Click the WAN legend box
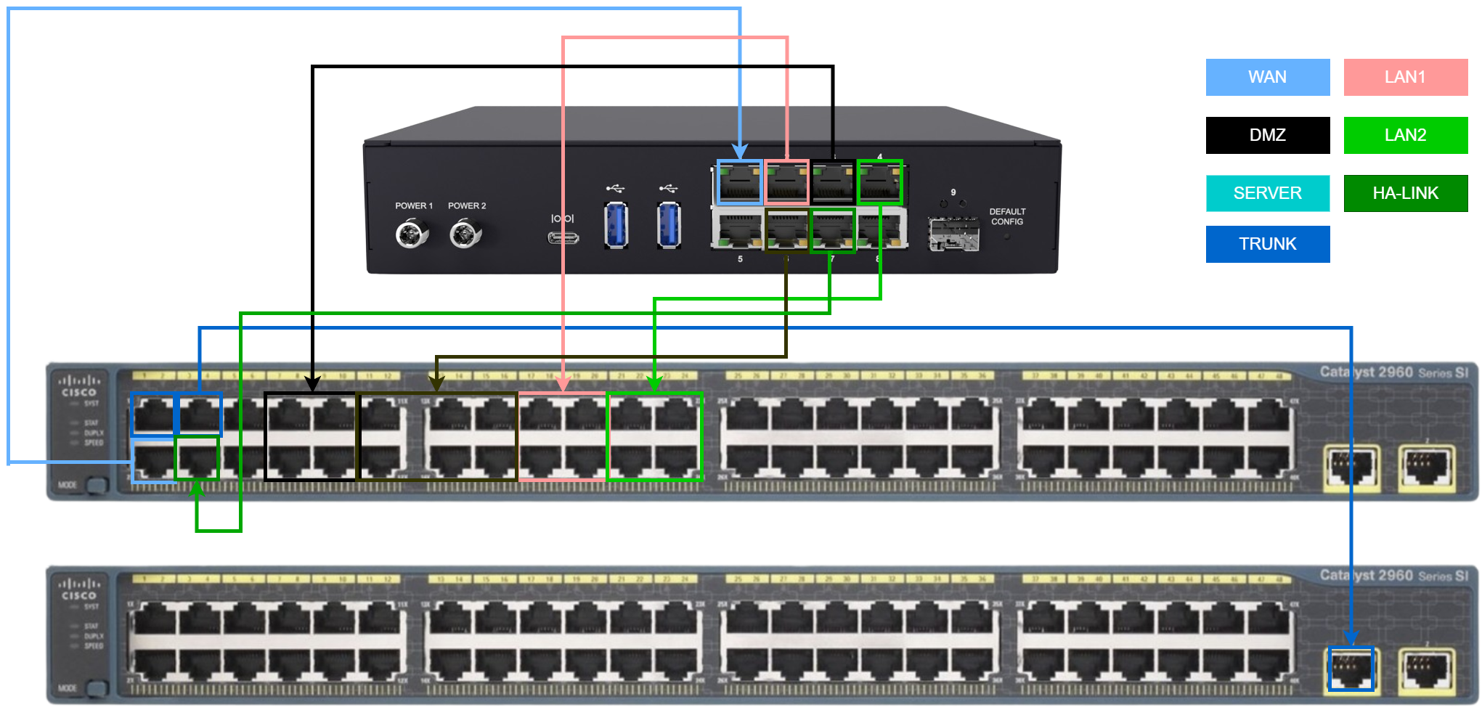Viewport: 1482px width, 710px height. (1267, 77)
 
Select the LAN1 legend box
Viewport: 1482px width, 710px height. (1405, 77)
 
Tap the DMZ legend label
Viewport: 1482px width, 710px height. (1267, 135)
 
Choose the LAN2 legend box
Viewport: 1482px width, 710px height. (1405, 135)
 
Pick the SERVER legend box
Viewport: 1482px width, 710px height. (1267, 193)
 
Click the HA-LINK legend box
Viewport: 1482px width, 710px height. (1405, 193)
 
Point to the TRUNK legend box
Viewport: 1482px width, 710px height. (1267, 244)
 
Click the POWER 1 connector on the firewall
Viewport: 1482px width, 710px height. (412, 234)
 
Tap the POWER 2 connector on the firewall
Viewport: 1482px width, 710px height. (465, 234)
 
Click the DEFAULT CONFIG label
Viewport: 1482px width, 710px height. (1007, 217)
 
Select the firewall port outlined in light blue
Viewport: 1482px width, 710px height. (740, 183)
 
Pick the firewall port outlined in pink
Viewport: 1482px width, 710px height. (787, 183)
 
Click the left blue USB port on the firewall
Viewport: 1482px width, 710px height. (616, 225)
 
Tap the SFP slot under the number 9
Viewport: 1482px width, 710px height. (953, 234)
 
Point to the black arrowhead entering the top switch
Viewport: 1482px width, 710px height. (312, 384)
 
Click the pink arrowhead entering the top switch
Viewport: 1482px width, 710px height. (563, 384)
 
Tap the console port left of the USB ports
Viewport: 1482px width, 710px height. (563, 237)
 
